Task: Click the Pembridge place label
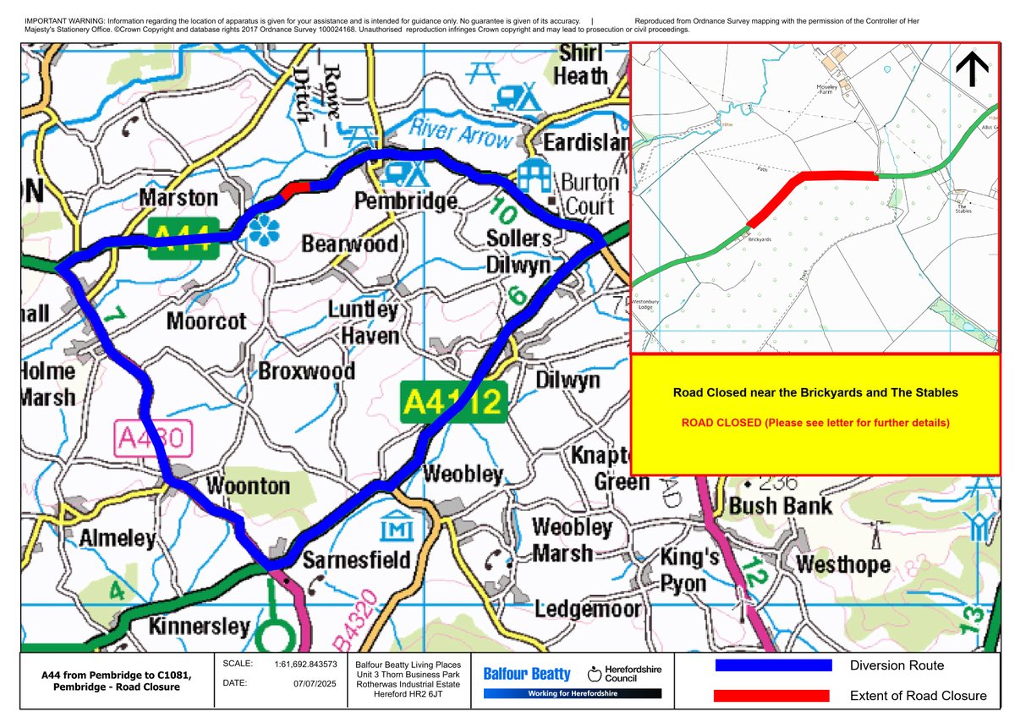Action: (405, 202)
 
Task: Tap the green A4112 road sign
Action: (453, 401)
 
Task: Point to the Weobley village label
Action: (463, 474)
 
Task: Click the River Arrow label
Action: (461, 135)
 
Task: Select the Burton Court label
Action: (590, 194)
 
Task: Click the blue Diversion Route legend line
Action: (773, 665)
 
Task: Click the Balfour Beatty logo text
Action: (527, 674)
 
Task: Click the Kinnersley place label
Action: (200, 627)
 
